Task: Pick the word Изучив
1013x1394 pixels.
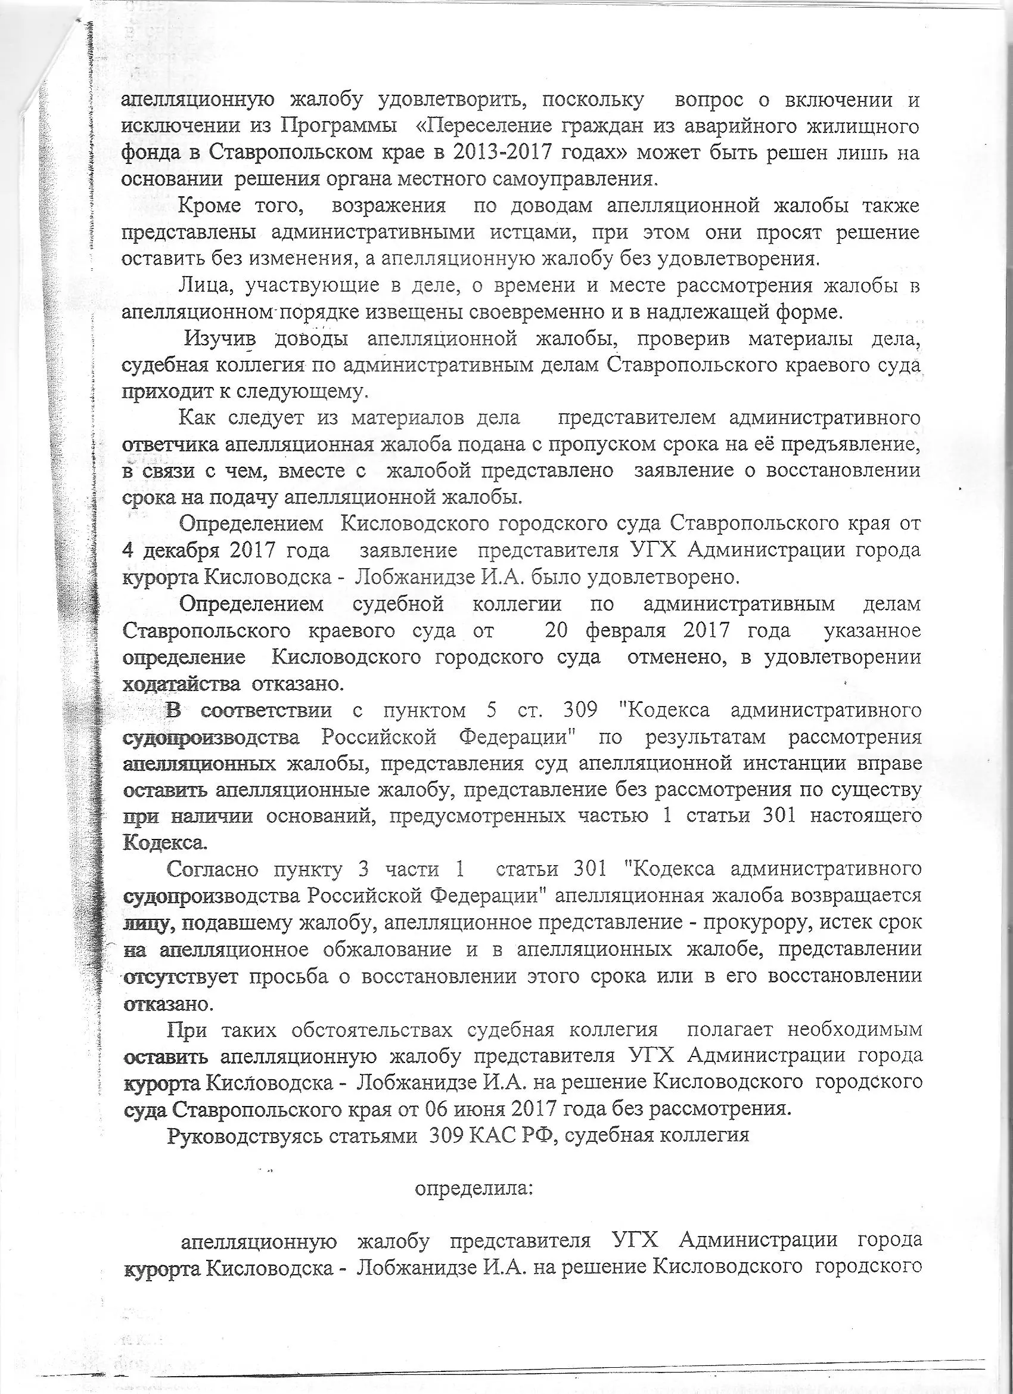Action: pos(220,339)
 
